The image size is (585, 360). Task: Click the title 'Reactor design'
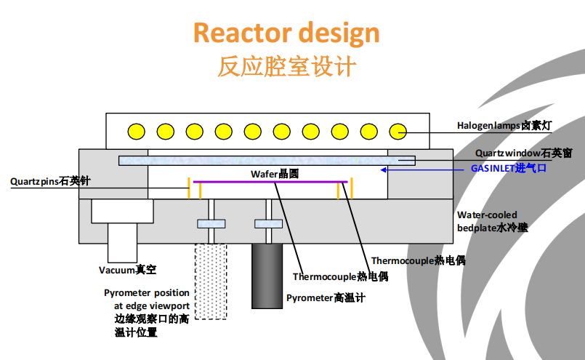point(286,33)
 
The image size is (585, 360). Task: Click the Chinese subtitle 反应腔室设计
point(286,67)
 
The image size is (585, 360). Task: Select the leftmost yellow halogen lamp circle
point(136,132)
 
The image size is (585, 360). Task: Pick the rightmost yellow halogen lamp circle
point(398,132)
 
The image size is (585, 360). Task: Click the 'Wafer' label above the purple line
point(275,174)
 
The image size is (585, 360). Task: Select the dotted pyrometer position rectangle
point(210,281)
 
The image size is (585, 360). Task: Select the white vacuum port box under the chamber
point(122,212)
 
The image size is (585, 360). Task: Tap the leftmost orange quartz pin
point(190,187)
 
